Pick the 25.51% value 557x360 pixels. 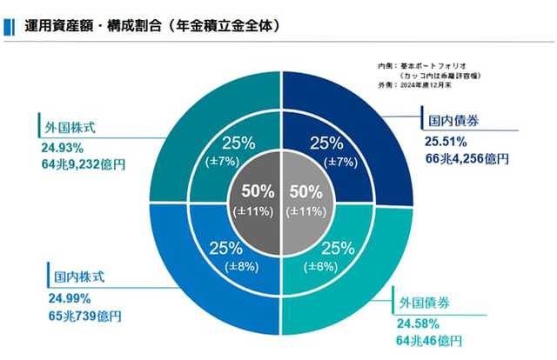pyautogui.click(x=446, y=141)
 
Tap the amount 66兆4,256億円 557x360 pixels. pyautogui.click(x=466, y=158)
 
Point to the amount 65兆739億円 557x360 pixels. pyautogui.click(x=85, y=314)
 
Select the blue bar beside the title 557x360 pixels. pyautogui.click(x=7, y=26)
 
